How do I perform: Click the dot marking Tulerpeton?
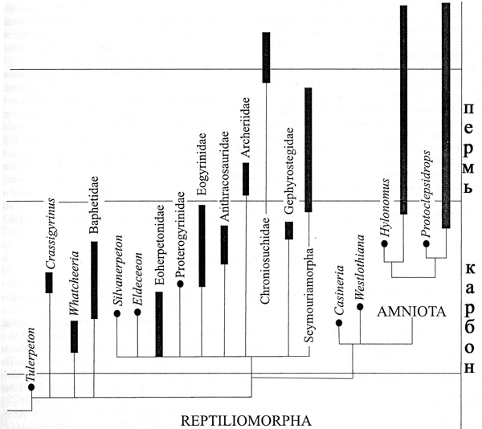point(31,387)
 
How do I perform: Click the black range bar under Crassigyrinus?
point(50,283)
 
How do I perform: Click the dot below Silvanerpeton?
point(117,314)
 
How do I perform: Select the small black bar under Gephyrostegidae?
point(288,230)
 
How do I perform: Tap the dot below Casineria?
point(339,322)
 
